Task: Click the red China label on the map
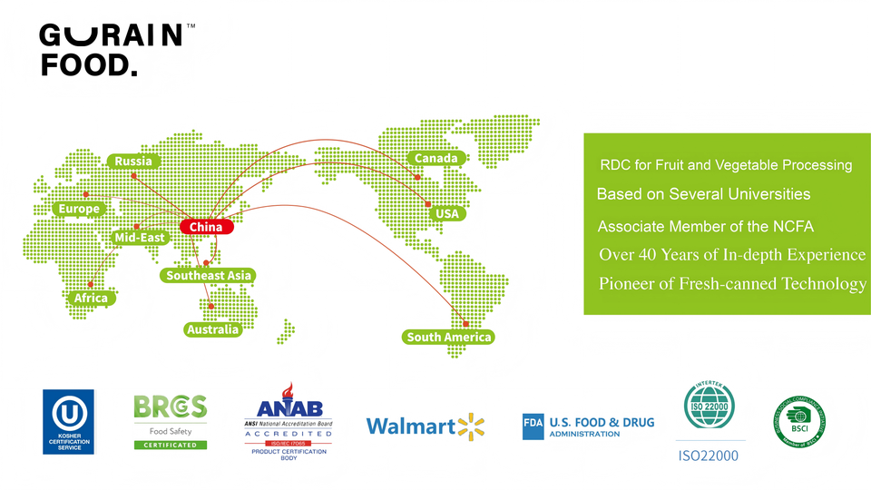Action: [206, 227]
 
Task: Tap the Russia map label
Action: [133, 162]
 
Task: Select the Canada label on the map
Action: [435, 158]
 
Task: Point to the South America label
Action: [449, 338]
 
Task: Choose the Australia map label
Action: [212, 329]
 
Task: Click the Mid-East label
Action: [140, 238]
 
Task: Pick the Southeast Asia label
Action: [209, 275]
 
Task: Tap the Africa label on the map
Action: [91, 298]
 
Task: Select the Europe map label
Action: [79, 209]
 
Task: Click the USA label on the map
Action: [447, 214]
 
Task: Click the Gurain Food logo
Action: [113, 50]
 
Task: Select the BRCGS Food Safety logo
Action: [171, 421]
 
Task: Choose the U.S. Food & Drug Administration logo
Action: [588, 426]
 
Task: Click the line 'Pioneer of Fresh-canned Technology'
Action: [732, 284]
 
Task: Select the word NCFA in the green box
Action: [793, 226]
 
